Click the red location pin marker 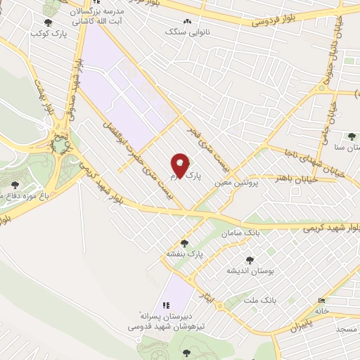pyautogui.click(x=181, y=164)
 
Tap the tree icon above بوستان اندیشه pyautogui.click(x=247, y=259)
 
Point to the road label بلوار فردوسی pyautogui.click(x=278, y=21)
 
